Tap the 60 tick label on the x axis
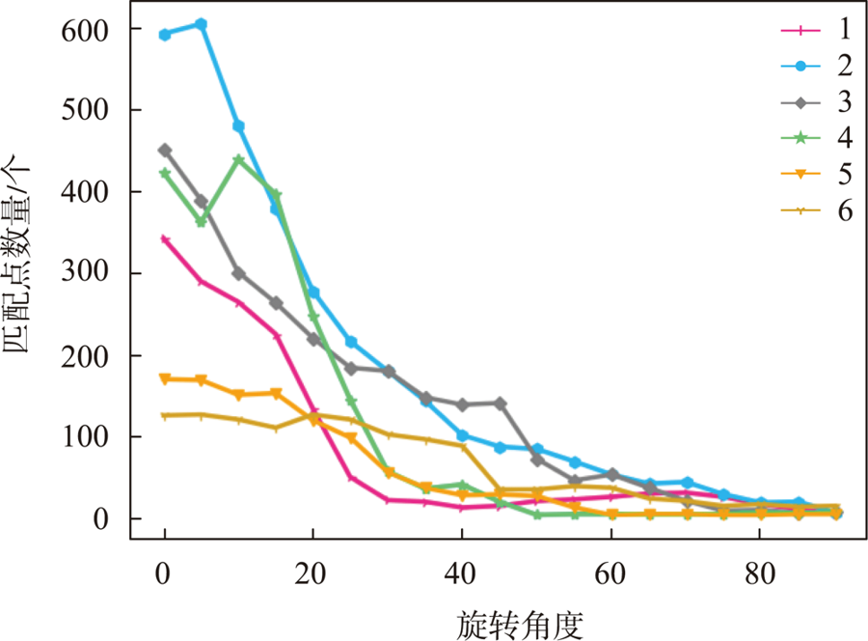[x=610, y=569]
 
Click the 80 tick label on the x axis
[x=760, y=569]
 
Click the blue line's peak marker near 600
[x=202, y=24]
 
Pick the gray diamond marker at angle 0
[x=165, y=151]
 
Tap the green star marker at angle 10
[x=239, y=160]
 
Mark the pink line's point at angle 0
[x=165, y=239]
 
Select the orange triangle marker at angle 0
[x=165, y=379]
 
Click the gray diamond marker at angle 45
[x=500, y=403]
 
